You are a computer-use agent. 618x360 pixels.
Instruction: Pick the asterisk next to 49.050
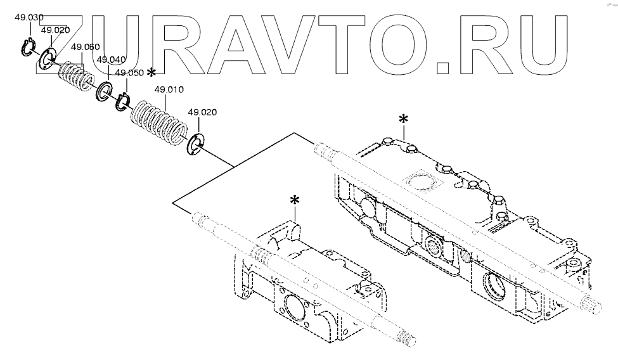tap(151, 73)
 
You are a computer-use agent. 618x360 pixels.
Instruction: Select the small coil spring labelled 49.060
tap(75, 76)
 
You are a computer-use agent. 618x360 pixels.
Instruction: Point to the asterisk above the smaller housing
tap(294, 200)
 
